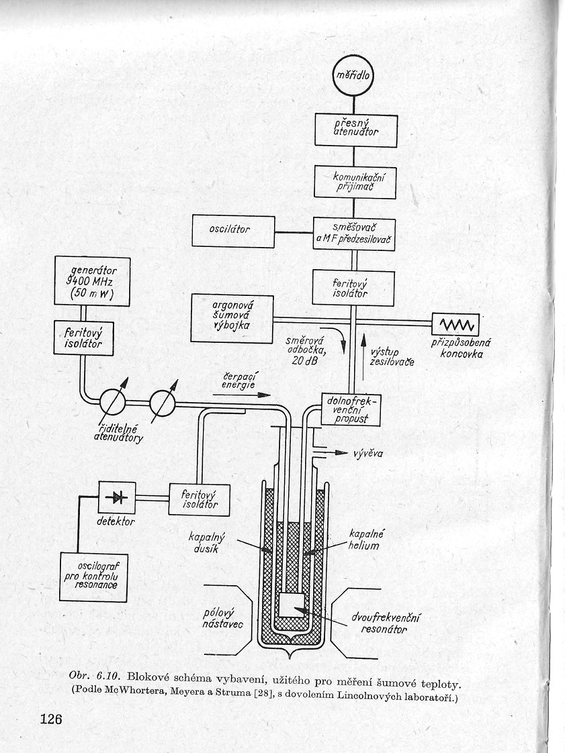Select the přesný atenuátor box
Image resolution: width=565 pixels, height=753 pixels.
(355, 130)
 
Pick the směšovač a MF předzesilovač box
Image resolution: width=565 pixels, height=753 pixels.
(355, 233)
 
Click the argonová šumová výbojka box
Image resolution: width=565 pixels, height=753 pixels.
(232, 318)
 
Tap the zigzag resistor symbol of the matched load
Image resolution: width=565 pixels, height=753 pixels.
(458, 325)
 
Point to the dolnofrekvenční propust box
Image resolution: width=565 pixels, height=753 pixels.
(351, 409)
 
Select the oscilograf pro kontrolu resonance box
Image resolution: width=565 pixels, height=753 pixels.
(93, 576)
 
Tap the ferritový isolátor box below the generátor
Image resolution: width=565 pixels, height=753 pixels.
(84, 336)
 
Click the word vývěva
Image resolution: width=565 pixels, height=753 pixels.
(368, 453)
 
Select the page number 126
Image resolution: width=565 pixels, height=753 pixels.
(51, 719)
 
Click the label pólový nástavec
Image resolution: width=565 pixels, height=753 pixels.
(224, 619)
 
